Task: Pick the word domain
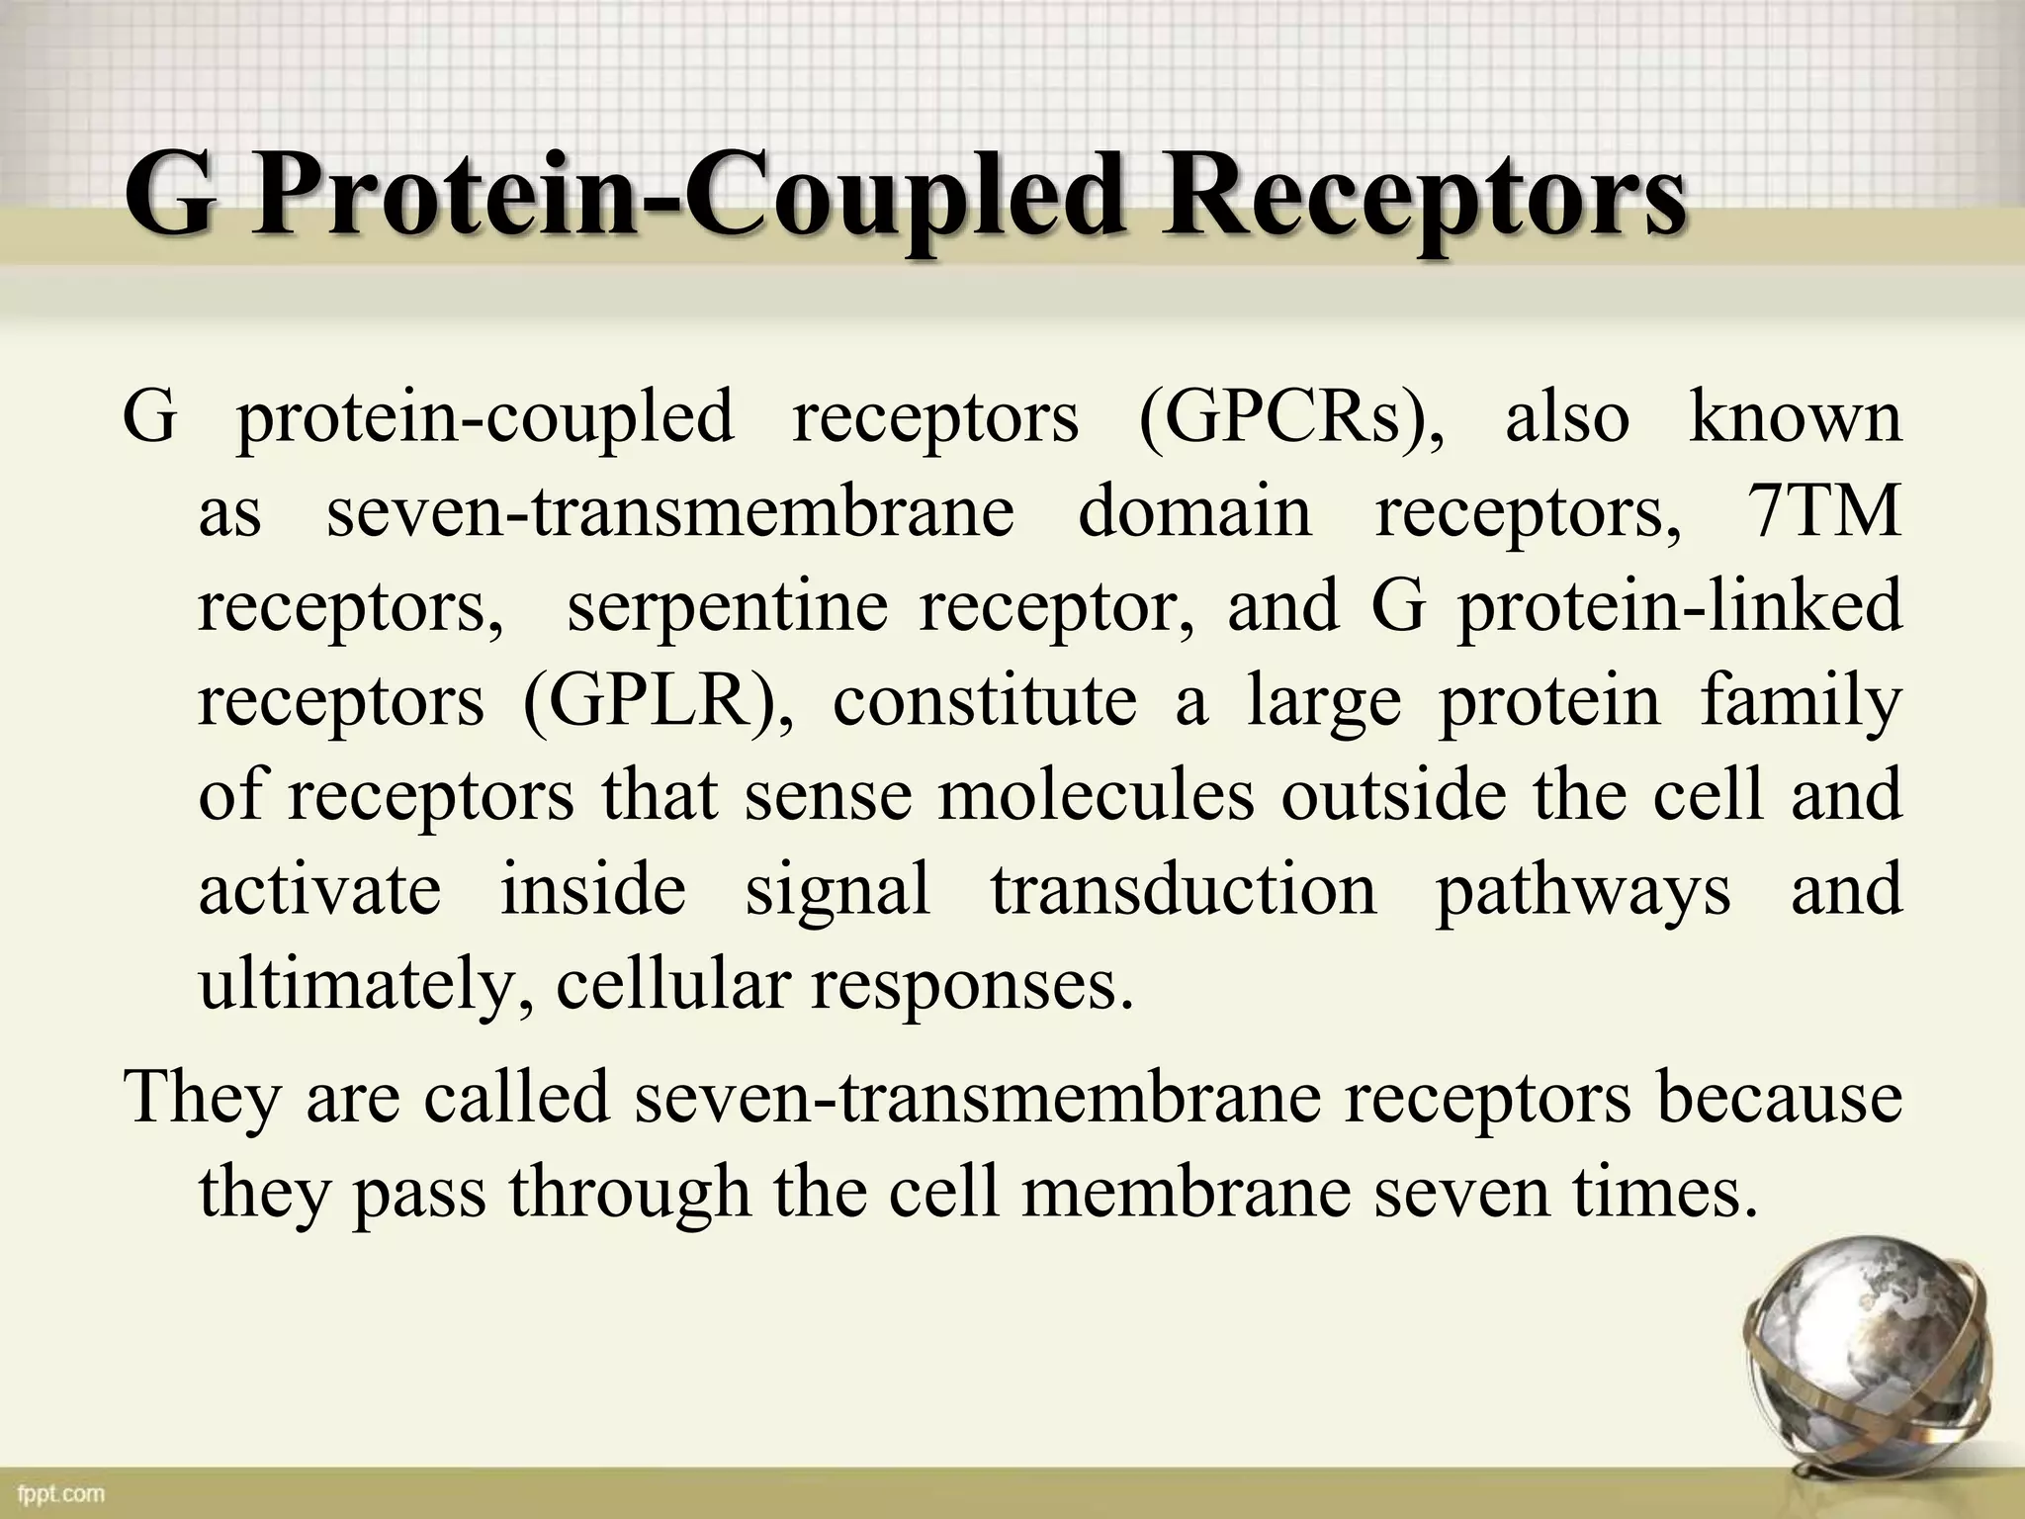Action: coord(1193,512)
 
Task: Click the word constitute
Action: coord(984,701)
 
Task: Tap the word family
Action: coord(1801,701)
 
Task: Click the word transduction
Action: coord(1183,889)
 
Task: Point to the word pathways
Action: coord(1582,889)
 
